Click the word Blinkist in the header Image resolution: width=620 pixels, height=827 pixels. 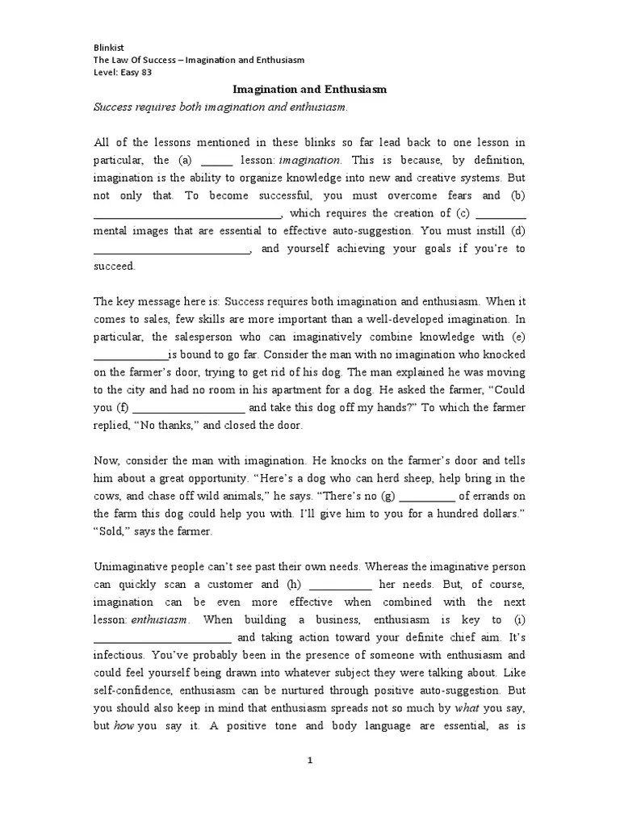pos(110,46)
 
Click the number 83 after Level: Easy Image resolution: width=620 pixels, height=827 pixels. pos(145,72)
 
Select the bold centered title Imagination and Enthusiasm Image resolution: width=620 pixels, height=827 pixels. pos(310,90)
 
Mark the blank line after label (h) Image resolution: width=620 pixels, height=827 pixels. pos(340,585)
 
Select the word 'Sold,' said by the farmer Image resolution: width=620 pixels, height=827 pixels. pos(112,531)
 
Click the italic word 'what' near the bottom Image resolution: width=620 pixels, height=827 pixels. pos(467,708)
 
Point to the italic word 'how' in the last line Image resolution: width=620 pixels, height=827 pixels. pos(124,726)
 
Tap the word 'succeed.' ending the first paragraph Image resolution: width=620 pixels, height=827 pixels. pos(115,267)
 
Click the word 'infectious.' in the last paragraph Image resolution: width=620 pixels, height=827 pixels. pos(120,655)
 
